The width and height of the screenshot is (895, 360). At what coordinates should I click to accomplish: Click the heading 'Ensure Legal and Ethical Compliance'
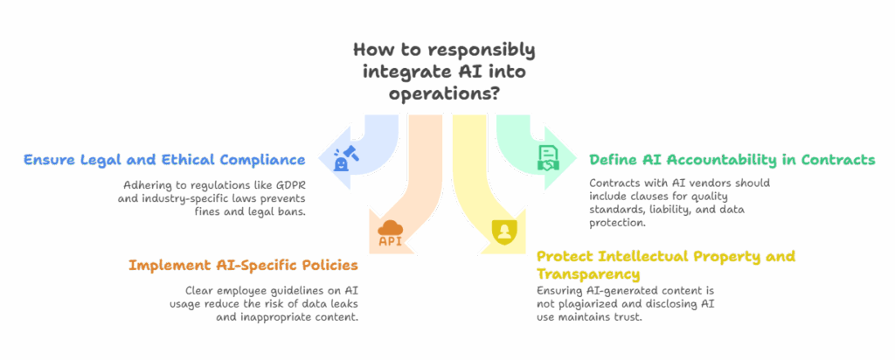coord(164,160)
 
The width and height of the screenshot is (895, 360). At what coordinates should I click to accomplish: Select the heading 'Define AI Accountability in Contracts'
coord(732,160)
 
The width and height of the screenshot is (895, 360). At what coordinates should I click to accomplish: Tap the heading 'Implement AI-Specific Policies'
coord(244,264)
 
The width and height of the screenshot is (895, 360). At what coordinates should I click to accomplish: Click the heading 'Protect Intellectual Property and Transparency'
coord(665,264)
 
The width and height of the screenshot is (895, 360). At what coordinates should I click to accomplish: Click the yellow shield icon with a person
coord(503,232)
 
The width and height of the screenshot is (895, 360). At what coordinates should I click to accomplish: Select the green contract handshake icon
coord(546,158)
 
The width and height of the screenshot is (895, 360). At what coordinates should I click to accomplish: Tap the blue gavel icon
coord(343,158)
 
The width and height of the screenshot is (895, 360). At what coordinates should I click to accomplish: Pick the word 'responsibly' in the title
coord(488,50)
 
